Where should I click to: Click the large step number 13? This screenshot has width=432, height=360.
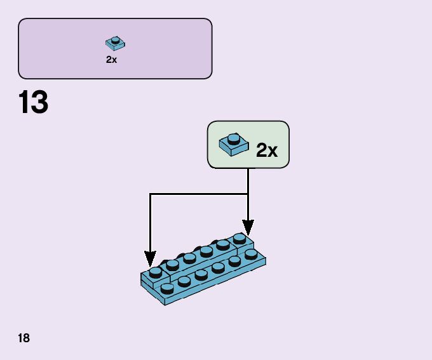tap(34, 103)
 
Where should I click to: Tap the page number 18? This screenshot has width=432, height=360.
tap(24, 338)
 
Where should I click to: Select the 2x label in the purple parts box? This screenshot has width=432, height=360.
tap(112, 60)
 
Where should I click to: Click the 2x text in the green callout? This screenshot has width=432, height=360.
tap(267, 150)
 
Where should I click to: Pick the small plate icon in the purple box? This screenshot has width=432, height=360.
tap(115, 43)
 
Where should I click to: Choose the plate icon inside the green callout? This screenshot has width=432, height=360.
tap(233, 144)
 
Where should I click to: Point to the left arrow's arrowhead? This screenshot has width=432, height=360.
tap(150, 260)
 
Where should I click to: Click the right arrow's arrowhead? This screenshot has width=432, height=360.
tap(248, 227)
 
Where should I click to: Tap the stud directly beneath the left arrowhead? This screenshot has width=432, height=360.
tap(156, 272)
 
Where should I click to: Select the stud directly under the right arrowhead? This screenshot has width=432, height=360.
tap(240, 238)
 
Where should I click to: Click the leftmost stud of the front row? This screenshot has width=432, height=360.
tap(167, 288)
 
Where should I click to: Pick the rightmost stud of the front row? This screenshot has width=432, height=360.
tap(250, 254)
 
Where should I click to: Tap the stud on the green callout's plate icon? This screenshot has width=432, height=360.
tap(234, 138)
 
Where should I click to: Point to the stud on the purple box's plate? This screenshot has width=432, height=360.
tap(116, 40)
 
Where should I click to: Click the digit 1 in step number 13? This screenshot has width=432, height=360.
tap(24, 103)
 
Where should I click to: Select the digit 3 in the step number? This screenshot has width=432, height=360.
tap(39, 103)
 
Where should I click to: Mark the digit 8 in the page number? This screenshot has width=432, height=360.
tap(26, 338)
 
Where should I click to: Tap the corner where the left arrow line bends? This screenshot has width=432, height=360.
tap(150, 194)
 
